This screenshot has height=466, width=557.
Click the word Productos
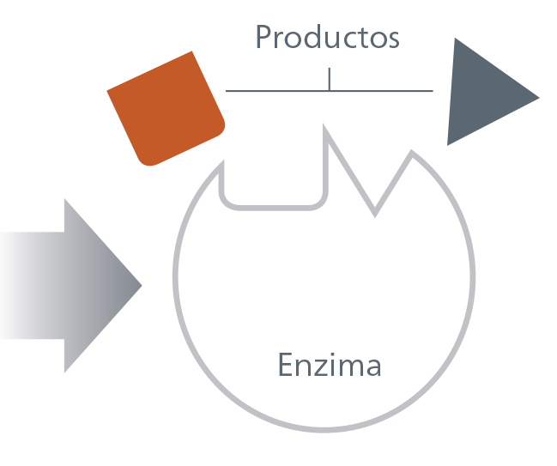point(328,36)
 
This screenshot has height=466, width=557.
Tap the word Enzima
point(330,365)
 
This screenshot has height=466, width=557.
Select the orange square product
point(166,109)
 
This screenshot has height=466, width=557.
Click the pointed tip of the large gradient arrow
point(141,285)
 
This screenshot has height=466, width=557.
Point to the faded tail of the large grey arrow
point(10,286)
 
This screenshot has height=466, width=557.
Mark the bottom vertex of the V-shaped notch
point(375,215)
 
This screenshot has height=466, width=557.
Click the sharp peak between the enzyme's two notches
point(324,125)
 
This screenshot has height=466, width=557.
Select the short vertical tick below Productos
point(330,79)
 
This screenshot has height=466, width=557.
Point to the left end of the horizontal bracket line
point(227,91)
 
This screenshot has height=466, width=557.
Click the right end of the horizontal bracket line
point(433,91)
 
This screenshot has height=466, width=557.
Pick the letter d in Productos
point(308,36)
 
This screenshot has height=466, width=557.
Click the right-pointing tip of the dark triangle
point(539,98)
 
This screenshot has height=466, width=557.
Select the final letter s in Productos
point(393,39)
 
